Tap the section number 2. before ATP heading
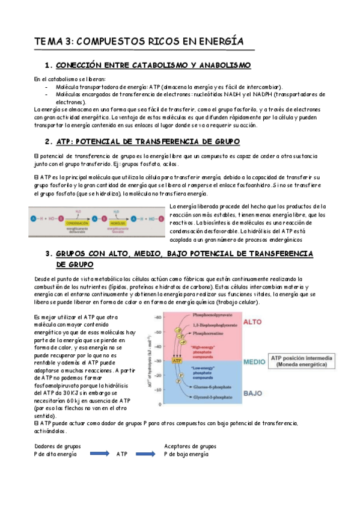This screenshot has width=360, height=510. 49,142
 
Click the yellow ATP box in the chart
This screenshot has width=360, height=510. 177,344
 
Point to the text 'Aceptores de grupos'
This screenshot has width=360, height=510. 190,446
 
